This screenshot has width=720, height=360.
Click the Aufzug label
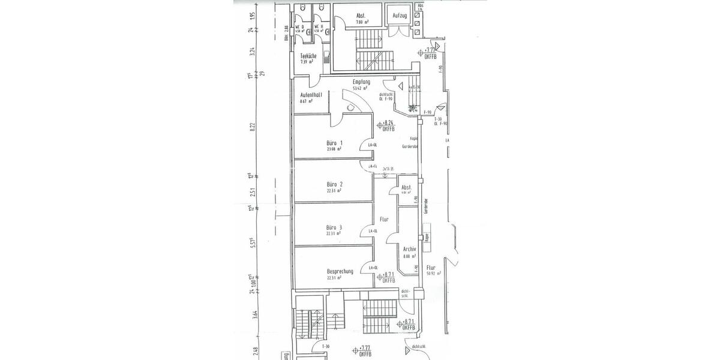click(x=401, y=16)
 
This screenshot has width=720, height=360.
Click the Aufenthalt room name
click(x=311, y=95)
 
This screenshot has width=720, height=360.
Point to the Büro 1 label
click(x=335, y=143)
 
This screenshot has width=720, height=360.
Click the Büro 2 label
click(x=335, y=184)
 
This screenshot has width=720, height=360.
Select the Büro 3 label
click(x=335, y=227)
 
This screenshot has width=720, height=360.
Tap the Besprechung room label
click(x=340, y=271)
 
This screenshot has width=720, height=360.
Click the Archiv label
click(x=410, y=248)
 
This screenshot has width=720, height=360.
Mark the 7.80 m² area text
click(x=361, y=22)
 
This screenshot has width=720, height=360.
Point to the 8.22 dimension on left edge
click(x=253, y=127)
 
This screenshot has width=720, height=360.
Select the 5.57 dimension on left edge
click(x=253, y=241)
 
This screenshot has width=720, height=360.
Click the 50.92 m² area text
click(x=433, y=272)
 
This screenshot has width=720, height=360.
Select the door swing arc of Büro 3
click(x=364, y=229)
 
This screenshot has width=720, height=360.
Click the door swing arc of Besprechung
click(x=364, y=268)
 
